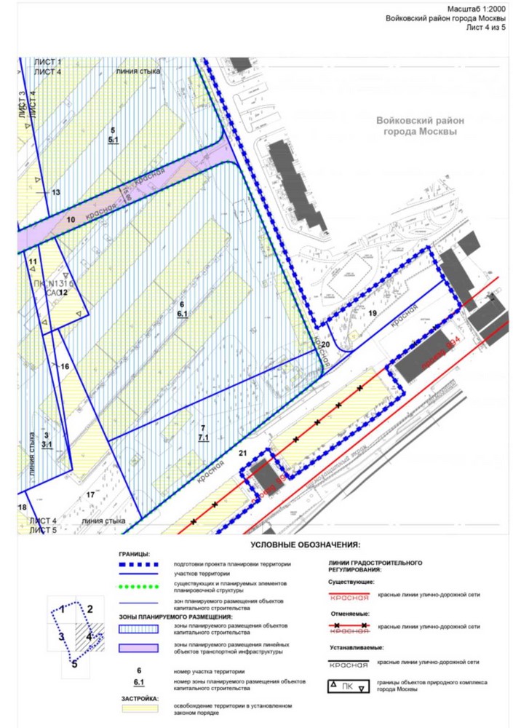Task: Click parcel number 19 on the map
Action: coord(372,313)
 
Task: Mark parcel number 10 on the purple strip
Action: coord(71,218)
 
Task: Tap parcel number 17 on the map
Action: coord(91,495)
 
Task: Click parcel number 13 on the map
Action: coord(55,192)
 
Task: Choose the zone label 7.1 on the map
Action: coord(204,438)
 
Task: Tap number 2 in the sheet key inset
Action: coord(90,610)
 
